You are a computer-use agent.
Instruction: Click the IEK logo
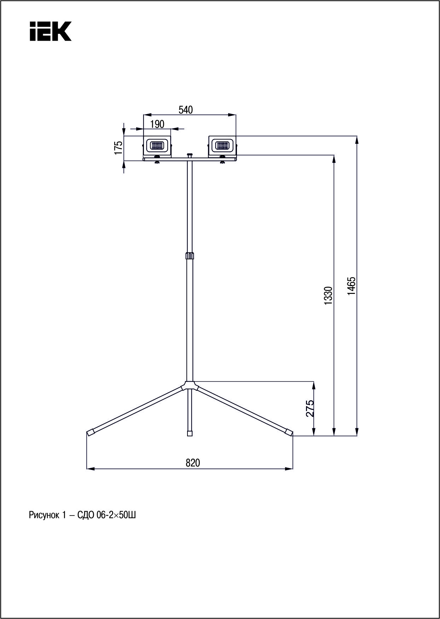(50, 31)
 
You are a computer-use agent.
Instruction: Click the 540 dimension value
(186, 110)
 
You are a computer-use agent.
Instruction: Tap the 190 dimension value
(157, 124)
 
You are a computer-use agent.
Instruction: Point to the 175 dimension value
(118, 148)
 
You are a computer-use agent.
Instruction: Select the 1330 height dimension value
(329, 296)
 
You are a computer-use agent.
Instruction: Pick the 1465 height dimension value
(351, 286)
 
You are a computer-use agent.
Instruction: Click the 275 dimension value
(310, 408)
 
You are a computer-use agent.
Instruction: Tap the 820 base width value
(193, 463)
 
